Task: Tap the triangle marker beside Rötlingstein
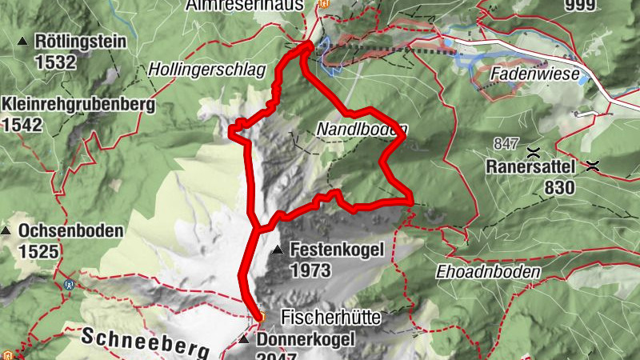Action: click(x=22, y=42)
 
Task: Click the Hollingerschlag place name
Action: click(x=206, y=70)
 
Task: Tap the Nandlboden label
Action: click(x=362, y=129)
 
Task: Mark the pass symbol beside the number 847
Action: click(x=532, y=150)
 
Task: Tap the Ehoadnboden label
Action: click(x=488, y=271)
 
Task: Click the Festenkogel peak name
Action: click(x=337, y=250)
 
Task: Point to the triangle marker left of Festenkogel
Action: click(x=278, y=250)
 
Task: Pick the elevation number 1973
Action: click(x=310, y=270)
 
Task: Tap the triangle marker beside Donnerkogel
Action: click(x=243, y=340)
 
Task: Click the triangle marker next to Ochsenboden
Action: click(x=6, y=231)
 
